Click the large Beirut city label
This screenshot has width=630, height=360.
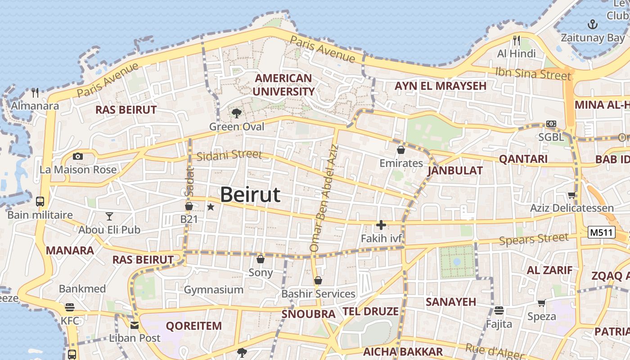point(250,195)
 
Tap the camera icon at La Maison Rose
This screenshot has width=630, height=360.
point(78,156)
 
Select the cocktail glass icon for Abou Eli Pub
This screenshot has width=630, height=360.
point(109,216)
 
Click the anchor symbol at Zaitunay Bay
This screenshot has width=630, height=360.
point(593,24)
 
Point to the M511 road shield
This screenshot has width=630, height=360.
point(601,232)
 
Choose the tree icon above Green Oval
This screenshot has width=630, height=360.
point(236,113)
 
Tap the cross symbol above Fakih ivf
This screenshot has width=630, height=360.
point(381,225)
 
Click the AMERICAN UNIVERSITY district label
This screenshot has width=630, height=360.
point(283,85)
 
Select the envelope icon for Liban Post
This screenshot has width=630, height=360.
point(134,325)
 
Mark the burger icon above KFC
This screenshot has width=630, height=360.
point(69,307)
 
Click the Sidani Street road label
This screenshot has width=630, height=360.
point(229,155)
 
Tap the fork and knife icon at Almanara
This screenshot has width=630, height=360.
point(35,93)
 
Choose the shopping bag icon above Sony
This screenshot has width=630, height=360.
point(260,259)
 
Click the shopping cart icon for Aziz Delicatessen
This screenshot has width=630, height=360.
point(571,195)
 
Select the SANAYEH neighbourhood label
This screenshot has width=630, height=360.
point(451,301)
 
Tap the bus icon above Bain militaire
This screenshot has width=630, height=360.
point(40,201)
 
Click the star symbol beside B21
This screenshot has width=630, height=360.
point(211,207)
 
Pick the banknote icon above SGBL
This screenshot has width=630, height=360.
point(551,124)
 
